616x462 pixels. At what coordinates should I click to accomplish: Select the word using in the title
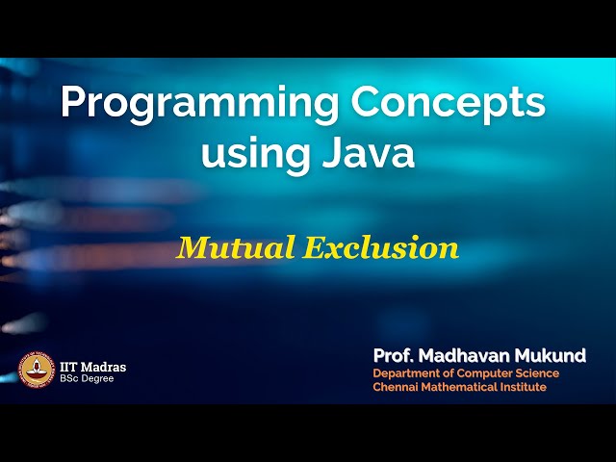click(253, 154)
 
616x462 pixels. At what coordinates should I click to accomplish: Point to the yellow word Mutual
click(235, 248)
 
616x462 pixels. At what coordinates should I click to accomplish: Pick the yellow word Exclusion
click(380, 248)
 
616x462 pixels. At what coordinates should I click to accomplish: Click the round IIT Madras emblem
click(37, 371)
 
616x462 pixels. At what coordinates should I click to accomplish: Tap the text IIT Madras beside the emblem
click(92, 367)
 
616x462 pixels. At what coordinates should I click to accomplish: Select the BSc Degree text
click(88, 379)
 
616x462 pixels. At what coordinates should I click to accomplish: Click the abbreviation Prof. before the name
click(394, 356)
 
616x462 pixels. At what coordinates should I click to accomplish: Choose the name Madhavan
click(470, 356)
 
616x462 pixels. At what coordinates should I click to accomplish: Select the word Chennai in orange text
click(398, 387)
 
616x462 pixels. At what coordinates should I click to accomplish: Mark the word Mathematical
click(462, 387)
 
